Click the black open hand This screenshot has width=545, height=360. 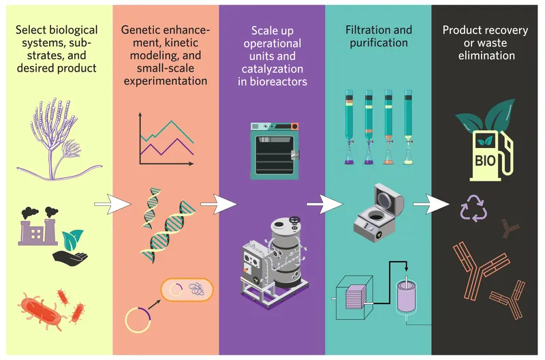(x=70, y=257)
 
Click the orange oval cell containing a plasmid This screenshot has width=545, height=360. (x=187, y=290)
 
